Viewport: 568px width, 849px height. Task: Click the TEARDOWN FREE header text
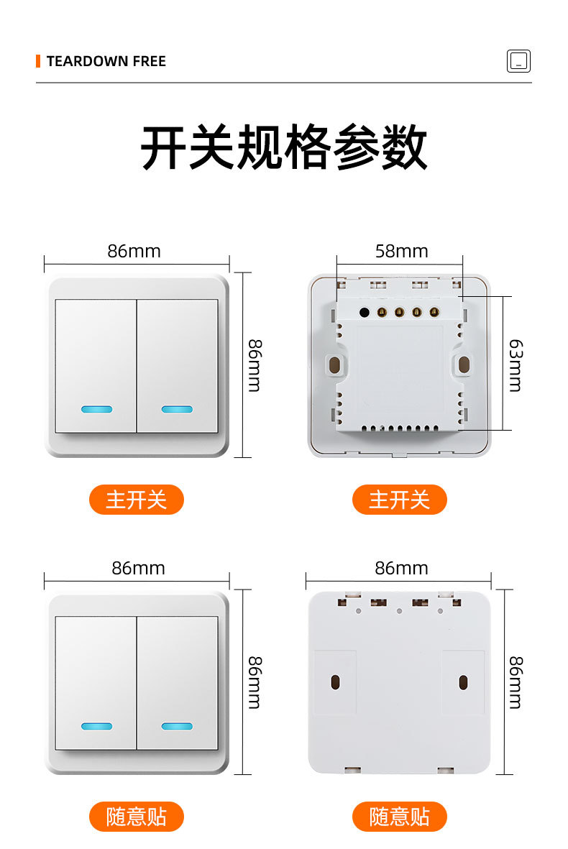point(106,61)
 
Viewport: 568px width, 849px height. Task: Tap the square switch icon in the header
point(518,61)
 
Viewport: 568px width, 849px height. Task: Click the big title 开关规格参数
point(284,148)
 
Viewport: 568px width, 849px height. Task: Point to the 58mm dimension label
point(401,251)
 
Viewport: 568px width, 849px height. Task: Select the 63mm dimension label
point(515,366)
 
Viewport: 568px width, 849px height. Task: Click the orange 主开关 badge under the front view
point(136,500)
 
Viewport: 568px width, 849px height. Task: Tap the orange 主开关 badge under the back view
point(399,500)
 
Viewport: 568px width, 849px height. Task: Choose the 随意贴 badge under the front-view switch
point(136,817)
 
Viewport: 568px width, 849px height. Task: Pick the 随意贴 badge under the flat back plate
point(399,817)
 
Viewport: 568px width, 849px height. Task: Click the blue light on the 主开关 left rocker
point(97,410)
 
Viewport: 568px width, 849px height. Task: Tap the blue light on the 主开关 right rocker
point(177,410)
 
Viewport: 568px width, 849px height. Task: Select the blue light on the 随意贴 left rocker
point(97,726)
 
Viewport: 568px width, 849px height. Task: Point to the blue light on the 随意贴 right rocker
point(177,726)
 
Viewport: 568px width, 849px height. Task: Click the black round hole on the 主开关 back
point(364,313)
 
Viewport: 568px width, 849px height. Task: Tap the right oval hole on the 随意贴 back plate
point(463,682)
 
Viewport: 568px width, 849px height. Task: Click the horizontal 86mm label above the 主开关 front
point(134,251)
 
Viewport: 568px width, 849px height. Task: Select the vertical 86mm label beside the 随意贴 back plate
point(515,682)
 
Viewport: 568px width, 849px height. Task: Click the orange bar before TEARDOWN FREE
point(38,61)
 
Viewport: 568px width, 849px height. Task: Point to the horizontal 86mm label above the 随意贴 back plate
point(401,568)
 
